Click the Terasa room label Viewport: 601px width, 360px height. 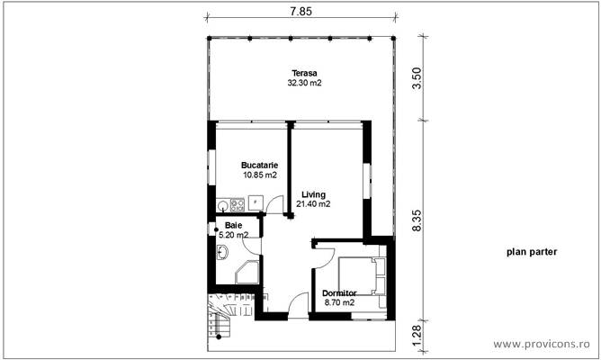pos(304,73)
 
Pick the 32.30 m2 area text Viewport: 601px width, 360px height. pos(304,83)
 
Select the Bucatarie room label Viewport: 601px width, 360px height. pos(259,166)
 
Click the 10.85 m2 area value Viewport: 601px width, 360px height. pos(259,175)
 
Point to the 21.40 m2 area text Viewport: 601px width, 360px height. pos(313,204)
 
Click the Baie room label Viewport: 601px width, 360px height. pos(234,225)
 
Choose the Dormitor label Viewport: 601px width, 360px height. pos(339,293)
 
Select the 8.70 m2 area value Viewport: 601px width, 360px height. pos(339,303)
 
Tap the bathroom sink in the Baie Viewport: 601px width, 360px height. pos(222,251)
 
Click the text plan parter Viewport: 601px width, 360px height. pos(531,253)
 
